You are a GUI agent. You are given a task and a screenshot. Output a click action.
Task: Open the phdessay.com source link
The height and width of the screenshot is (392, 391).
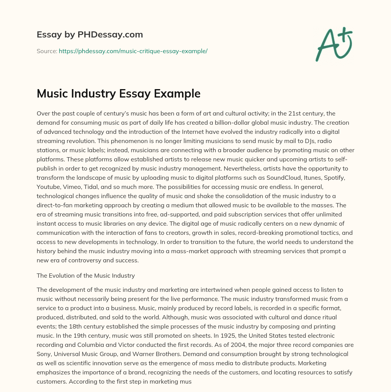click(133, 51)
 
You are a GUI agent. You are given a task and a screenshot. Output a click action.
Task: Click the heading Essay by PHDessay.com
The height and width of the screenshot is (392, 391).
click(90, 35)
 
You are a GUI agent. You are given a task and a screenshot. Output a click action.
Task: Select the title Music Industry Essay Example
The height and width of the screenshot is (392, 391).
click(118, 93)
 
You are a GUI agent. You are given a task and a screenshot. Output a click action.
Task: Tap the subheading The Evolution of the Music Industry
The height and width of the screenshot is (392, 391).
click(86, 275)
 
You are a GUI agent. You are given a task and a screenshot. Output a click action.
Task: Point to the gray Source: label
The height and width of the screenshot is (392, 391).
click(47, 51)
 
